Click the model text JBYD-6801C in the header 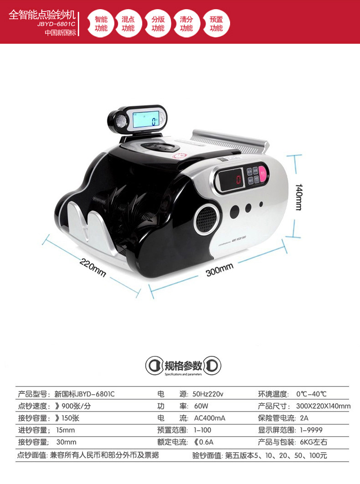coord(56,24)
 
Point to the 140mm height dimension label coord(298,197)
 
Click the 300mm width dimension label coord(220,270)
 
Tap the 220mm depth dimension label coord(93,267)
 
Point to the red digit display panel coord(231,179)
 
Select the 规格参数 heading coord(183,366)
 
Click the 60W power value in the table coord(201,406)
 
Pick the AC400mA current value coord(209,418)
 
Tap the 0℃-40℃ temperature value coord(311,394)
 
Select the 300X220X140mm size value coord(323,406)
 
